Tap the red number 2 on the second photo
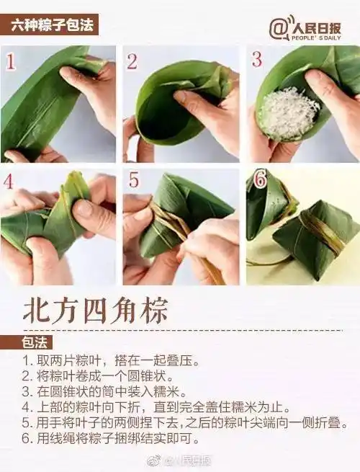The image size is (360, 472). coord(132,61)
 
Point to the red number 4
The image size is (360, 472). coord(9,182)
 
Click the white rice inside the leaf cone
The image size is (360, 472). coord(288,112)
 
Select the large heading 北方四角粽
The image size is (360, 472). coord(95,311)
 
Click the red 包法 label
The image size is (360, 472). coord(36,343)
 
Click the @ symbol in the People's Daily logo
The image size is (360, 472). coord(279,28)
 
